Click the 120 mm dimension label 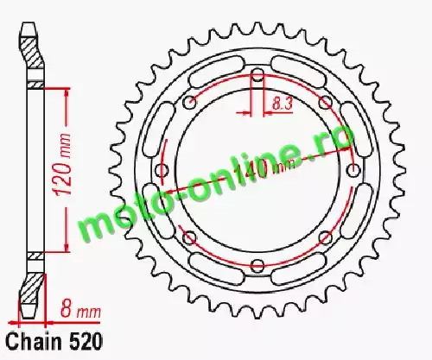(63, 165)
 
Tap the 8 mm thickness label (80, 309)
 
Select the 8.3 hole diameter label (283, 104)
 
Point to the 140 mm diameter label (264, 170)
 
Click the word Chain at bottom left (34, 342)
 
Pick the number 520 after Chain (86, 342)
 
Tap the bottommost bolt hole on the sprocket (257, 264)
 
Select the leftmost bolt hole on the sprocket (162, 170)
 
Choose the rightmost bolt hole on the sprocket (353, 170)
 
